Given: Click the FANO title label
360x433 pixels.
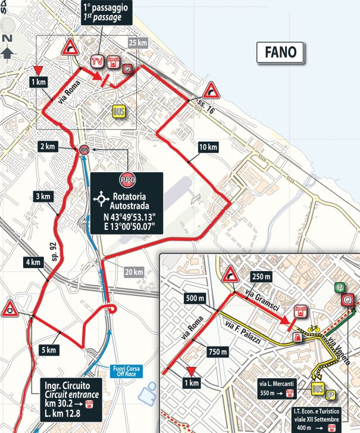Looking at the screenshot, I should tap(281, 52).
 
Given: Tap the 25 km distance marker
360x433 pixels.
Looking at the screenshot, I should tap(137, 43).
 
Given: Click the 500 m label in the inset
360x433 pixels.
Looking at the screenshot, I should tap(193, 298).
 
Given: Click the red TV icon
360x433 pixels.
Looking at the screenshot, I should tap(96, 61).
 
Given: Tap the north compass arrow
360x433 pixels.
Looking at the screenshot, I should tap(7, 52).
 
